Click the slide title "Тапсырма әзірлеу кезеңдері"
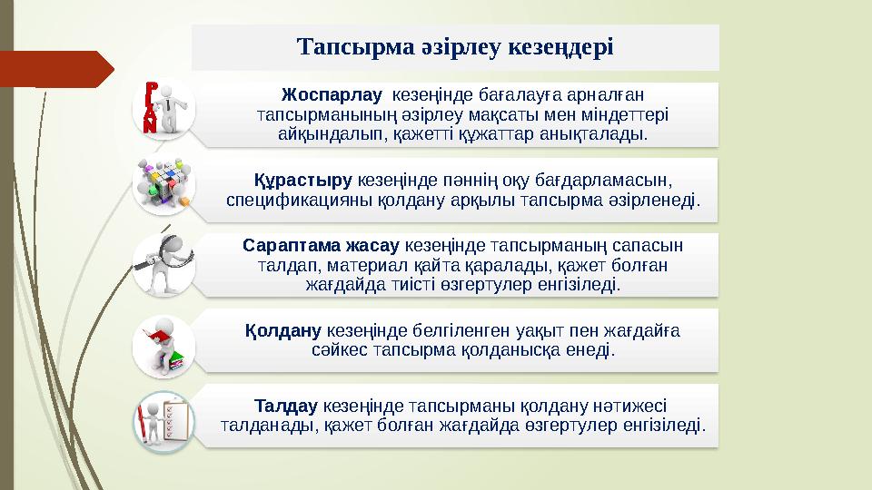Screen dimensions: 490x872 coord(455,46)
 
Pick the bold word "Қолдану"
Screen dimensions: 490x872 coord(284,330)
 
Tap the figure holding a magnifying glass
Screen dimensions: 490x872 coord(165,263)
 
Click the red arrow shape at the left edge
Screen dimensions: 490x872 coord(54,69)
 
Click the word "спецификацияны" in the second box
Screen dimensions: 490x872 coord(288,200)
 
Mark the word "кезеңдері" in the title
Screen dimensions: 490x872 coord(563,46)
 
